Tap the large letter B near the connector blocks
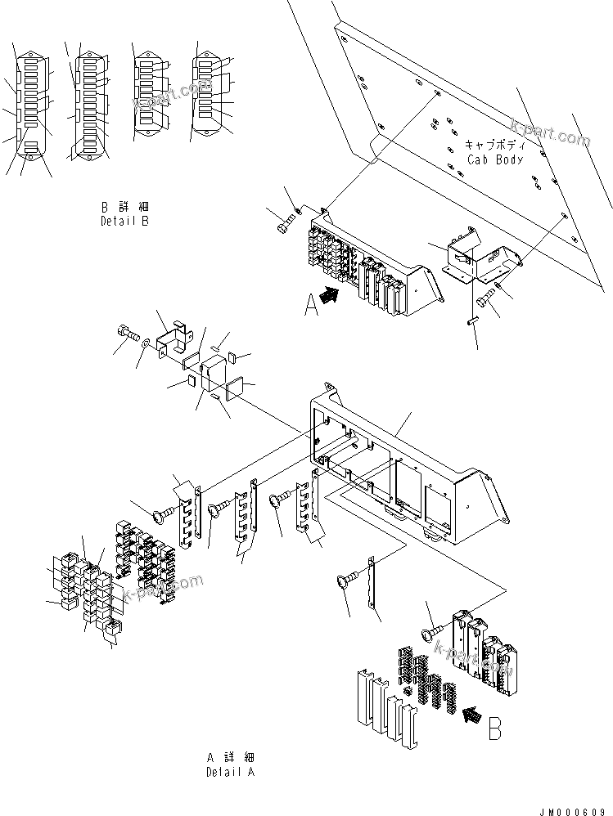point(495,727)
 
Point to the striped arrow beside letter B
point(471,716)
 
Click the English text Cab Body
point(494,159)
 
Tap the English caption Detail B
point(125,221)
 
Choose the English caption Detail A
point(230,772)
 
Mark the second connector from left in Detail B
point(90,106)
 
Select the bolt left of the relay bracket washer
point(124,334)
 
